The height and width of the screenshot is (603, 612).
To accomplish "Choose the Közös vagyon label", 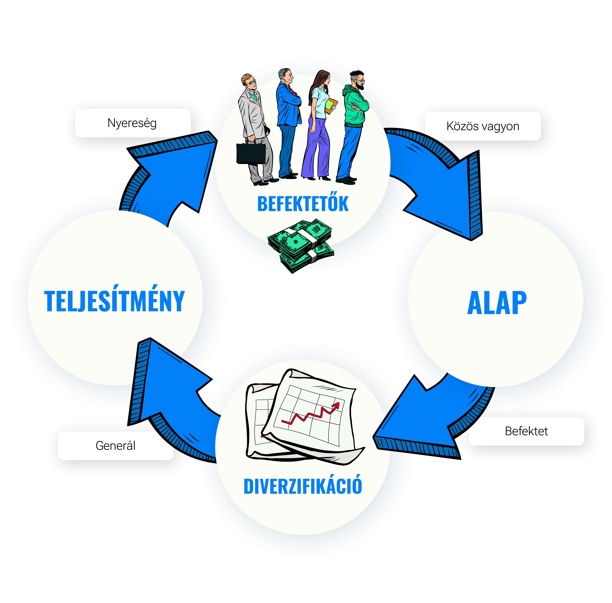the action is (483, 126).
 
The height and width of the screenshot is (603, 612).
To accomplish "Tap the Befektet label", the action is (526, 431).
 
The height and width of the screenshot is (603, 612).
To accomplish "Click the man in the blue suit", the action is (288, 123).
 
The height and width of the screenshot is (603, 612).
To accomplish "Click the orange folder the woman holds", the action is (330, 106).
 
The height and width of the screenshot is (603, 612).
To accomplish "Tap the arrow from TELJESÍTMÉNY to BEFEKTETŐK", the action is (168, 171).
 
